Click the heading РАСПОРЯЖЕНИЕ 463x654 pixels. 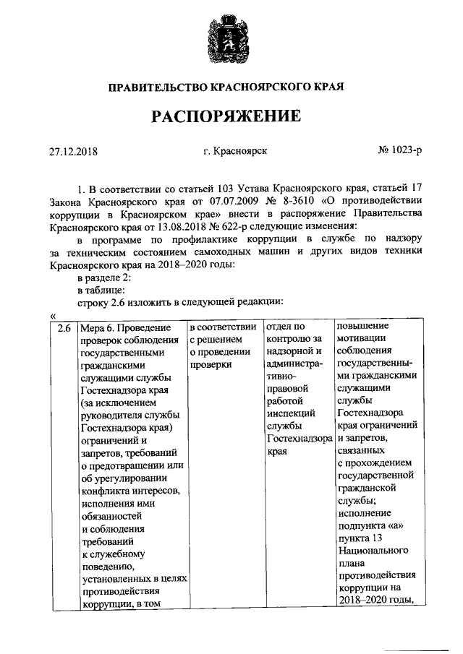tap(231, 116)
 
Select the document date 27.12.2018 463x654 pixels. tap(72, 152)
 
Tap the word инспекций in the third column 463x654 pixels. tap(288, 413)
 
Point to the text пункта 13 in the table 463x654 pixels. tap(362, 538)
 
